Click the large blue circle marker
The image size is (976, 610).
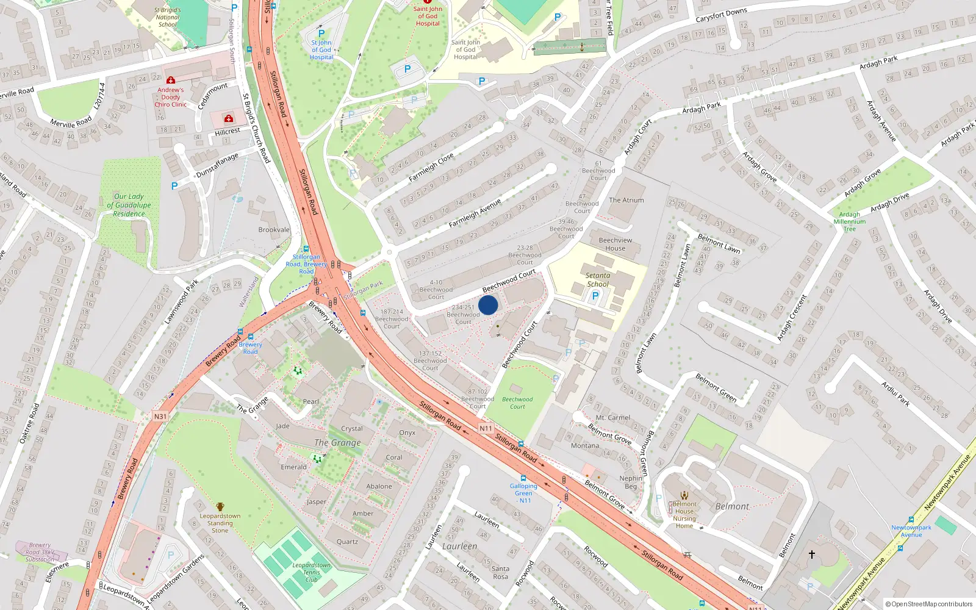(x=488, y=305)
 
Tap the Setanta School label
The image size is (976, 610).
(x=598, y=279)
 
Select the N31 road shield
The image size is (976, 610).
(x=160, y=417)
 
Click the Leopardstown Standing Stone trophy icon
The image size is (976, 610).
(x=220, y=507)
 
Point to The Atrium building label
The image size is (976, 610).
(x=626, y=200)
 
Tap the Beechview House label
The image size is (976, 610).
(x=615, y=244)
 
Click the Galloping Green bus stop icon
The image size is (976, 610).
(x=523, y=478)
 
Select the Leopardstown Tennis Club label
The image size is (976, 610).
(x=311, y=572)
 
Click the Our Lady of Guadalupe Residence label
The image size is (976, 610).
(x=129, y=205)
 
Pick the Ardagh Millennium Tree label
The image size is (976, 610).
(x=849, y=221)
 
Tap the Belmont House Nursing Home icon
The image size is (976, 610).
(x=684, y=495)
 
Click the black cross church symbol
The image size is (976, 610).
(x=812, y=554)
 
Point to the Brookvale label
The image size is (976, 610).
(x=274, y=230)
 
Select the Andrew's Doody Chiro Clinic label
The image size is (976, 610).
(x=171, y=97)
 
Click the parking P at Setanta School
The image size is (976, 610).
(x=595, y=296)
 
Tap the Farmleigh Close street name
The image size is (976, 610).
(x=431, y=167)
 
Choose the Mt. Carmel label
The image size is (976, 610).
(x=613, y=418)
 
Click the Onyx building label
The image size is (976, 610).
(x=407, y=432)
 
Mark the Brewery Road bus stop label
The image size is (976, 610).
(x=250, y=348)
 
